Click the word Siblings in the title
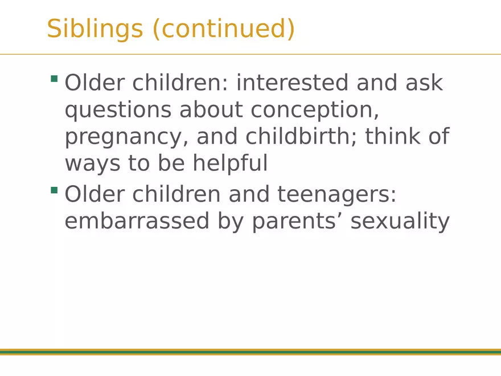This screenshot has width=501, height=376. coord(95,29)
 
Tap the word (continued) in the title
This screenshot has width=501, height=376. coord(223,29)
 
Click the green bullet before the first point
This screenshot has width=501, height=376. coord(54,79)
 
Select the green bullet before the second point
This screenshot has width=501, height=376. coord(54,190)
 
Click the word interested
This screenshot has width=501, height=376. coord(292,83)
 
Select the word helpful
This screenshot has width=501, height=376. coord(230,164)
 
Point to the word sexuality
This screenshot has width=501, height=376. coord(400,222)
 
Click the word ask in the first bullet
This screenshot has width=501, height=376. coord(424,83)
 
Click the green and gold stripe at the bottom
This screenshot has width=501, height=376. coord(250,352)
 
